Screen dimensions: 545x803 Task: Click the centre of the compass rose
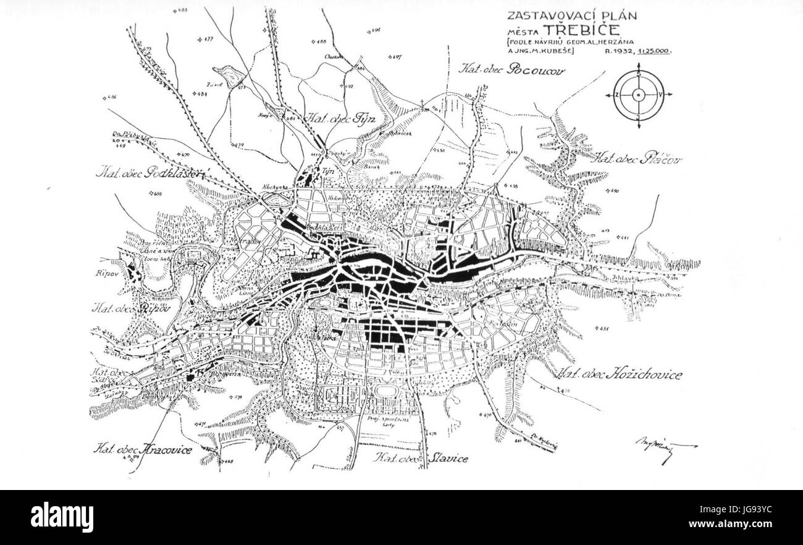click(x=639, y=95)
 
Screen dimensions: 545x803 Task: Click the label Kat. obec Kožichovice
click(x=620, y=374)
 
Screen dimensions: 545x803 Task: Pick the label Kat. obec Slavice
click(x=422, y=458)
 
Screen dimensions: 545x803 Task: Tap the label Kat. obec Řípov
click(x=130, y=308)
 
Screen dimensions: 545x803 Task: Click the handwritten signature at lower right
click(x=666, y=446)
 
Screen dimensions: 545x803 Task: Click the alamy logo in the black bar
click(x=62, y=517)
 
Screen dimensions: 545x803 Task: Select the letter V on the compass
click(x=662, y=95)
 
